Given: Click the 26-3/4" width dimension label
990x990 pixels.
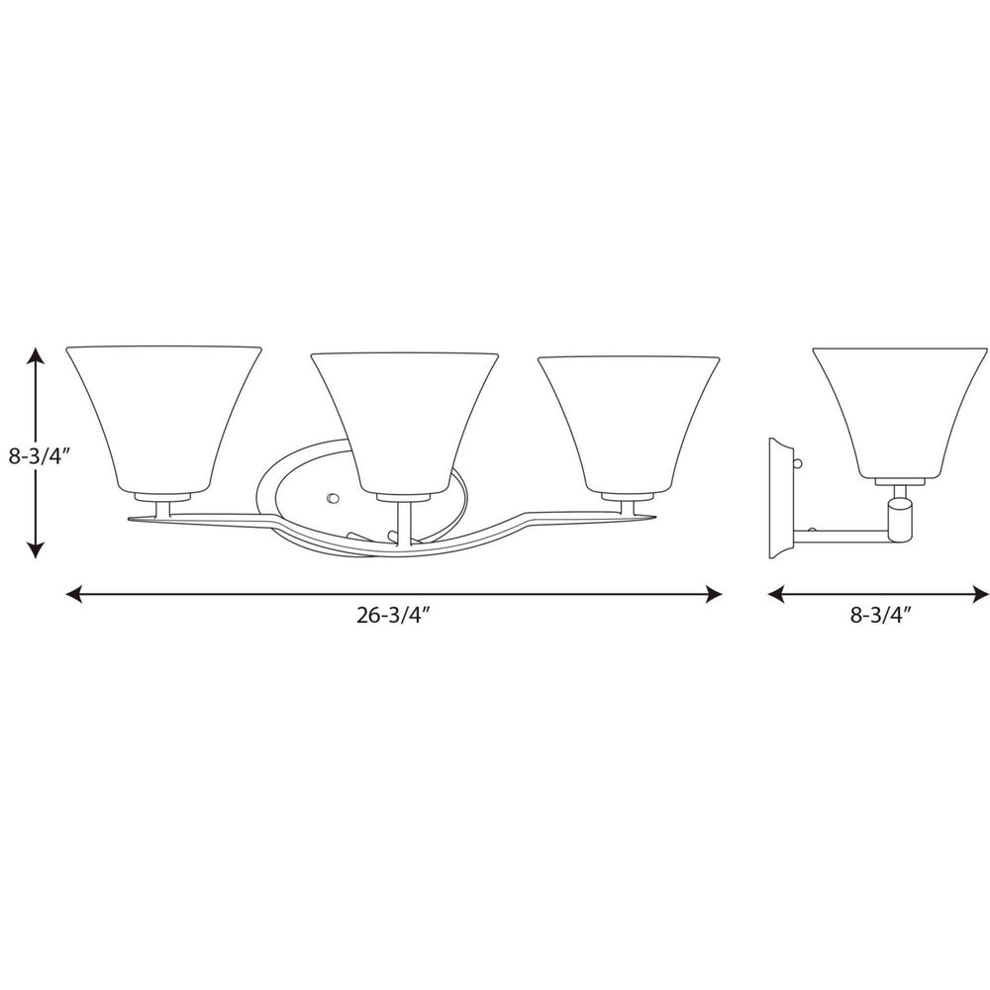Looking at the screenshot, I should coord(393,614).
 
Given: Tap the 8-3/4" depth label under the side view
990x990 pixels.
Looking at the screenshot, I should coord(879,614).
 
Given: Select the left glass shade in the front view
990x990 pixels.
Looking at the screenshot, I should coord(163,416).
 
